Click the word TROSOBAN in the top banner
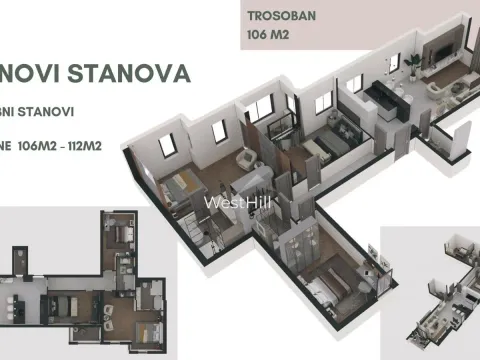(279, 17)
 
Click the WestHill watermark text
(239, 201)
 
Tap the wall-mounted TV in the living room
(441, 49)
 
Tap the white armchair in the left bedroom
(245, 159)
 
